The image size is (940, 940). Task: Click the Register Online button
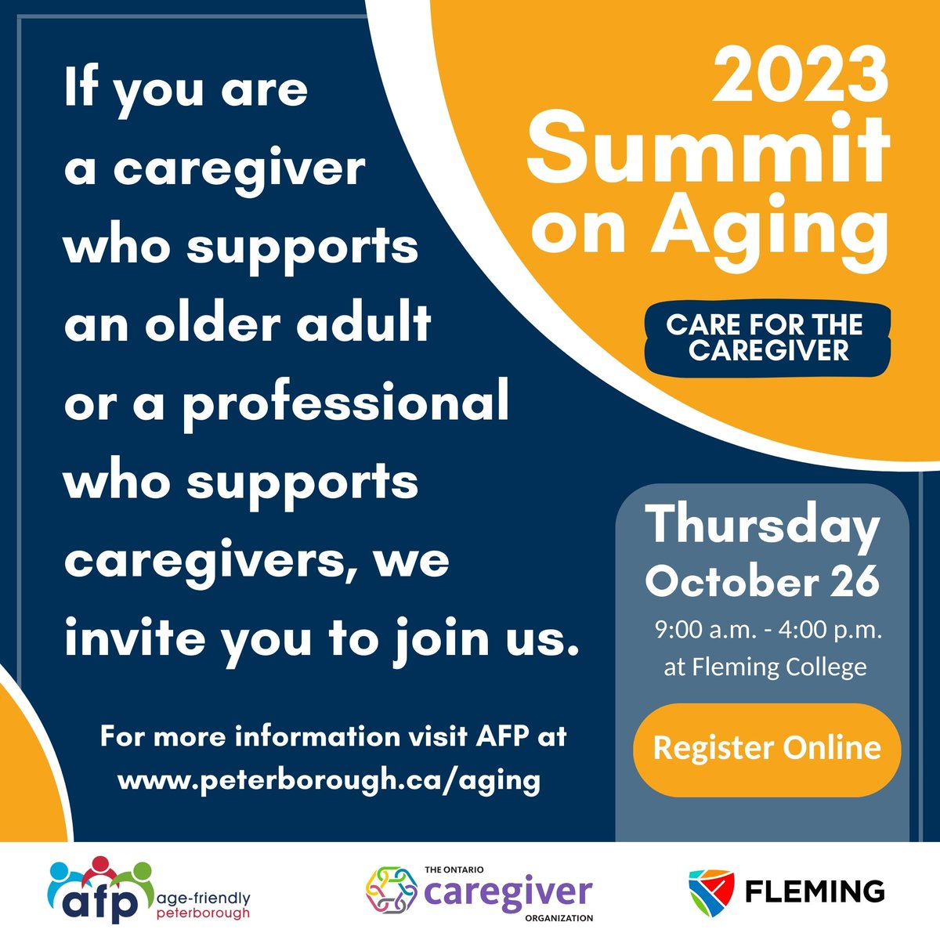click(766, 748)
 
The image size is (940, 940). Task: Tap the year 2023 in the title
click(801, 77)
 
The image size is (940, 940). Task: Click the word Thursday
click(762, 526)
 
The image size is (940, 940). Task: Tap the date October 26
click(762, 581)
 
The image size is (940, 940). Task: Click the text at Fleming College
click(765, 667)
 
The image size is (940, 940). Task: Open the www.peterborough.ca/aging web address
click(328, 780)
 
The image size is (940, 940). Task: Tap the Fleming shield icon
click(711, 891)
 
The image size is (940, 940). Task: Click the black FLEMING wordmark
click(815, 891)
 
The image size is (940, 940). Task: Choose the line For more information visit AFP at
click(333, 737)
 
